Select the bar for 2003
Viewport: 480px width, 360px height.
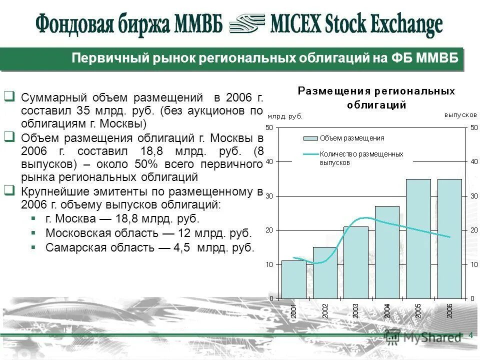pos(355,262)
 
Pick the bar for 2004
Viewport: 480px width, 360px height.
pos(386,252)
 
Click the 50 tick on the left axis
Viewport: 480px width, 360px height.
pos(269,127)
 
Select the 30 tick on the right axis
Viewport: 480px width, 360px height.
pos(473,195)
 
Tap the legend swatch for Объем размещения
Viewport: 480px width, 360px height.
pos(310,138)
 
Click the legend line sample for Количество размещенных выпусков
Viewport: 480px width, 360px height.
pos(310,154)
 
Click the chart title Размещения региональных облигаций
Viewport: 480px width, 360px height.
pos(376,97)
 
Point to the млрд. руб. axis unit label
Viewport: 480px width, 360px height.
pos(285,116)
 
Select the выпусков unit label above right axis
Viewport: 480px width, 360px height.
pos(460,115)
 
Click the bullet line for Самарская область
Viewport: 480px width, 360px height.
pos(149,247)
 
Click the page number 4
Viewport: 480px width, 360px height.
pos(470,335)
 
